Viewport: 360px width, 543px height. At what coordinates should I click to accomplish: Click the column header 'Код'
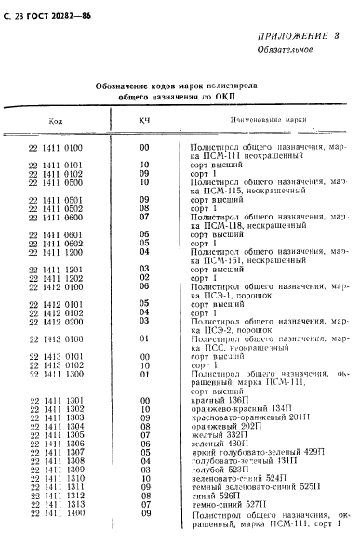[x=56, y=119]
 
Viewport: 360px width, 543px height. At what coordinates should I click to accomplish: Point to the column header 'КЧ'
[x=144, y=119]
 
